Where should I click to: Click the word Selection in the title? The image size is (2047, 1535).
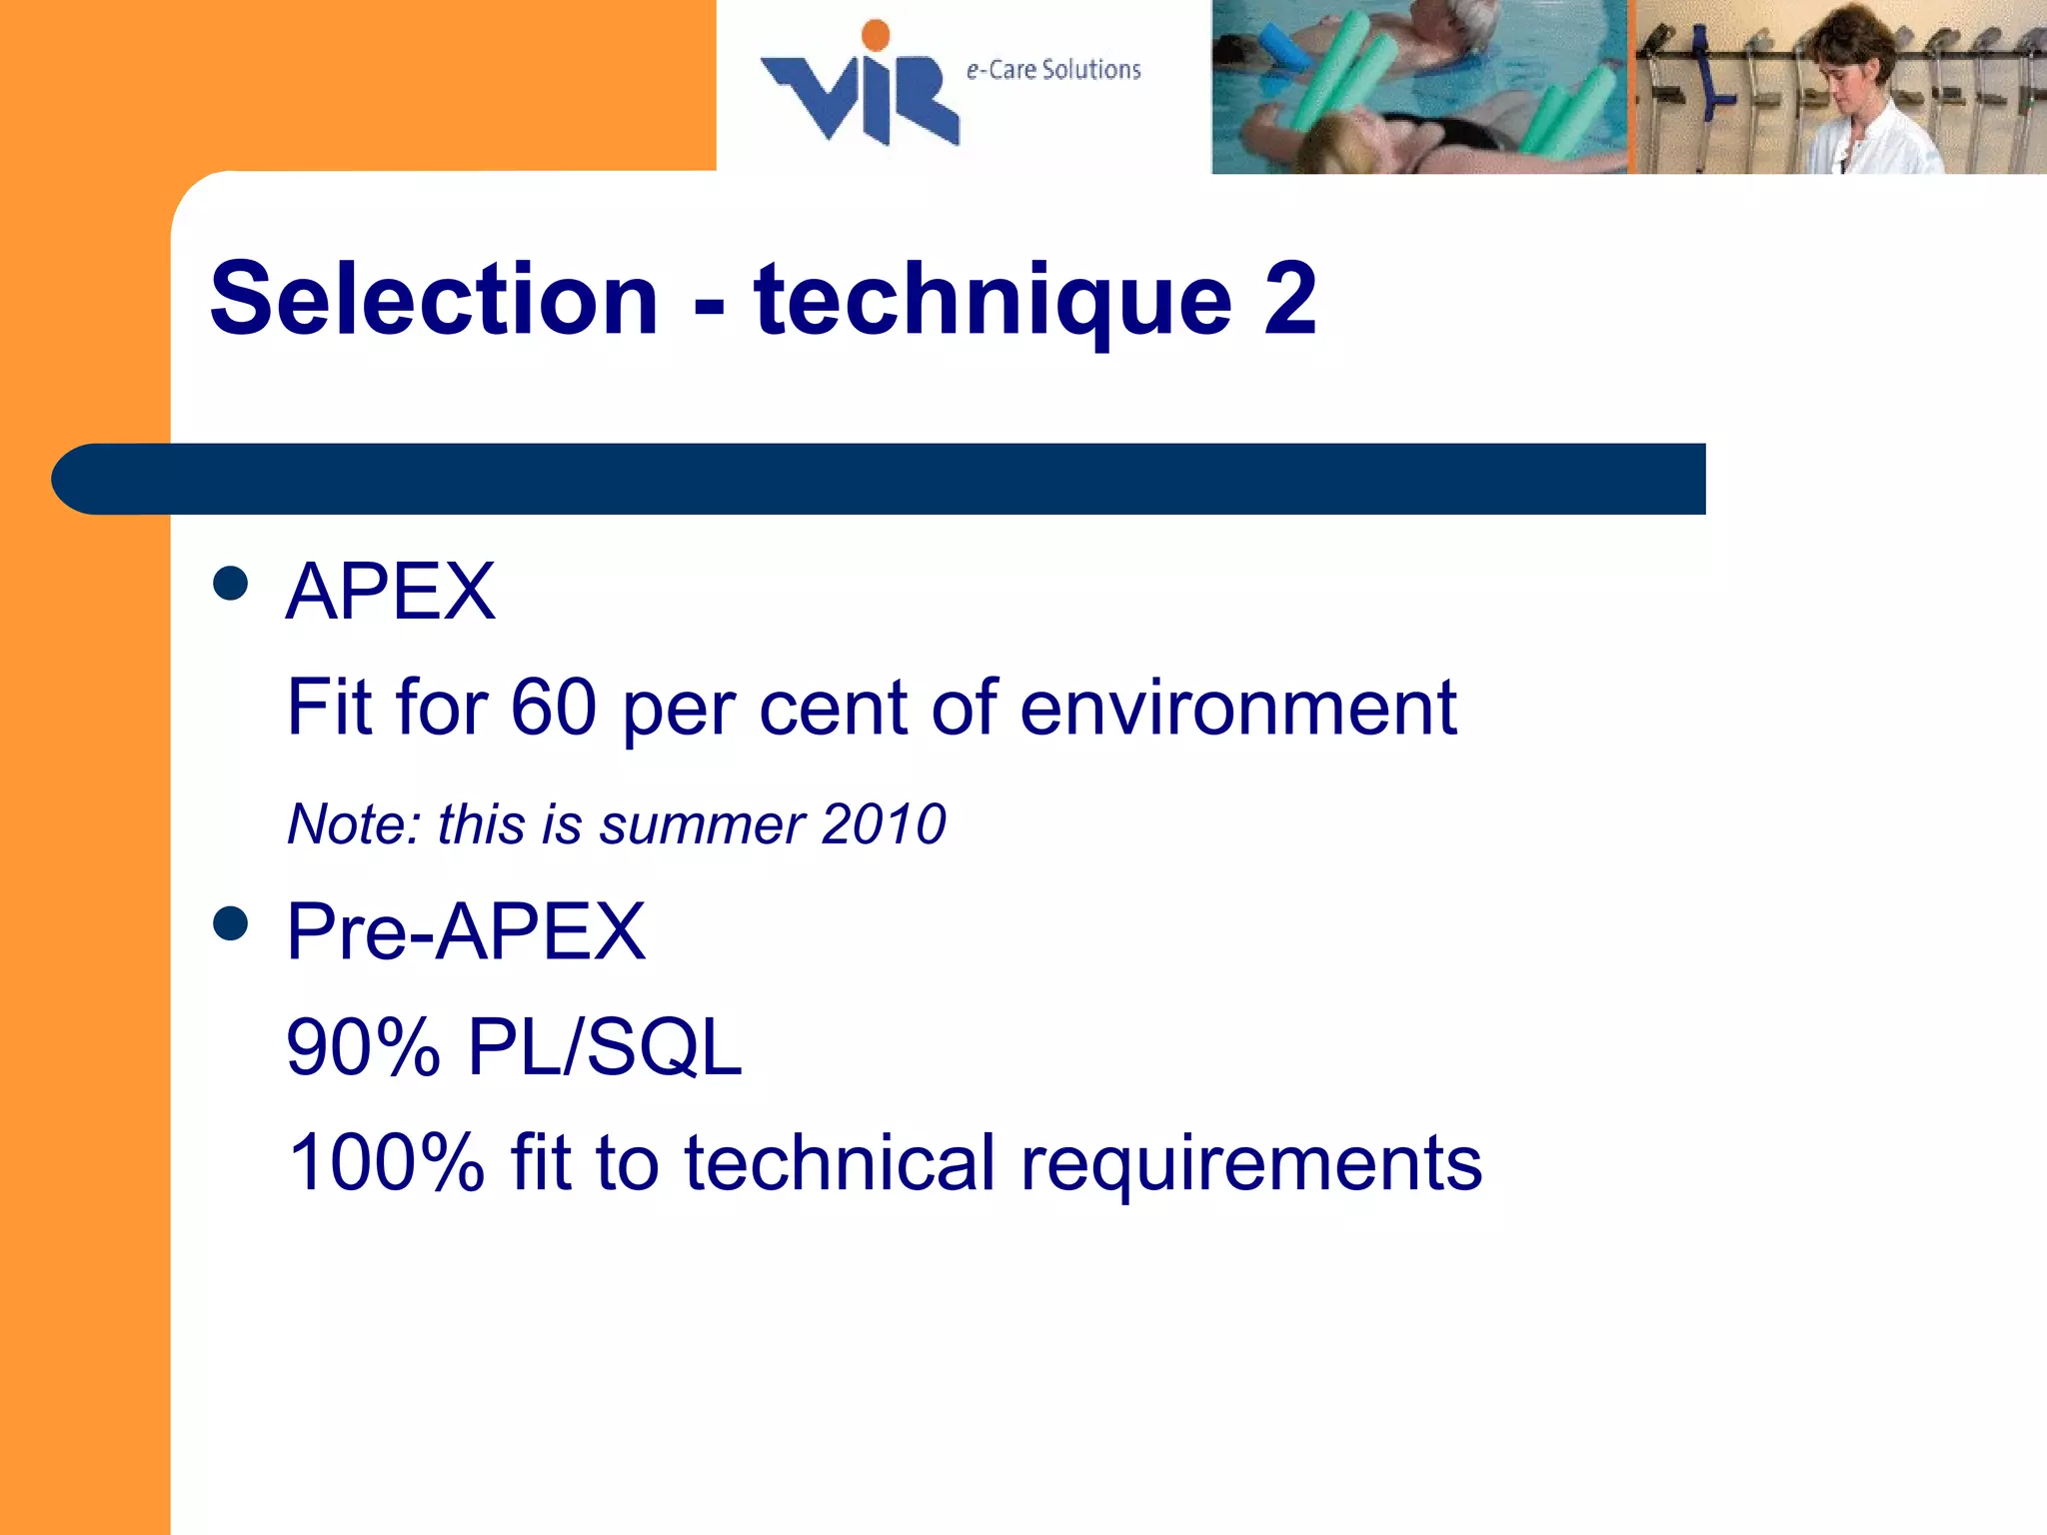(x=434, y=299)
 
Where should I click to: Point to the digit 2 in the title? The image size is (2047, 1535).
(x=1289, y=299)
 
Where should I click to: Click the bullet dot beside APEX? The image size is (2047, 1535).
(x=231, y=584)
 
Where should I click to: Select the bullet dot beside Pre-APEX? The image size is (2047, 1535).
(x=231, y=923)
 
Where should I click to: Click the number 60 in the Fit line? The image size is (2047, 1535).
(x=554, y=708)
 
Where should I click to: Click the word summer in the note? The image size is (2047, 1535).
(x=702, y=825)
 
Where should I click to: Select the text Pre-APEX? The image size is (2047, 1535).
(x=466, y=931)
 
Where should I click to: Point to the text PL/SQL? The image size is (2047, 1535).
(x=605, y=1047)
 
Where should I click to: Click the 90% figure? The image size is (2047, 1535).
(x=363, y=1047)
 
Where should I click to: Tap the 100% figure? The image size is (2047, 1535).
(x=386, y=1162)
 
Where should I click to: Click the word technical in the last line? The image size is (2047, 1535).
(x=839, y=1162)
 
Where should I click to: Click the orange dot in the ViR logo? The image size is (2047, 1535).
(x=876, y=34)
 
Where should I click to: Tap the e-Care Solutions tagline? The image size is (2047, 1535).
(x=1053, y=70)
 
